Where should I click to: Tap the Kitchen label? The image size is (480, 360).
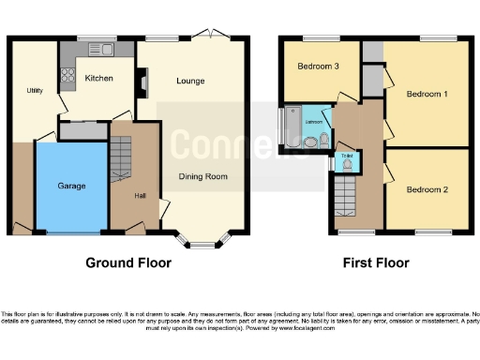(x=98, y=79)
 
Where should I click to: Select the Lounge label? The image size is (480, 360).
(x=191, y=81)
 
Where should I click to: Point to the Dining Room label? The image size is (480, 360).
(x=203, y=176)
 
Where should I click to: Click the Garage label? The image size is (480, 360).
(x=71, y=186)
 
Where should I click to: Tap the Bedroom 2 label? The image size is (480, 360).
(x=427, y=190)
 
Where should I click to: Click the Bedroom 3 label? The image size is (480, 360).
(x=319, y=67)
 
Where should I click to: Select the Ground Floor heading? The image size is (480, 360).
(x=128, y=263)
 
